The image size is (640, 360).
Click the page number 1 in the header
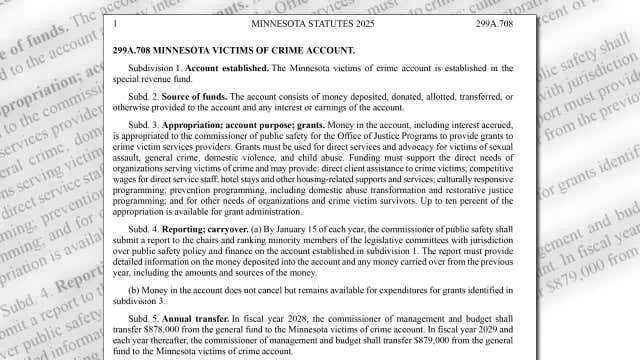click(x=118, y=21)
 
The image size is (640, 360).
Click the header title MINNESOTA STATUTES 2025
click(x=320, y=21)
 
